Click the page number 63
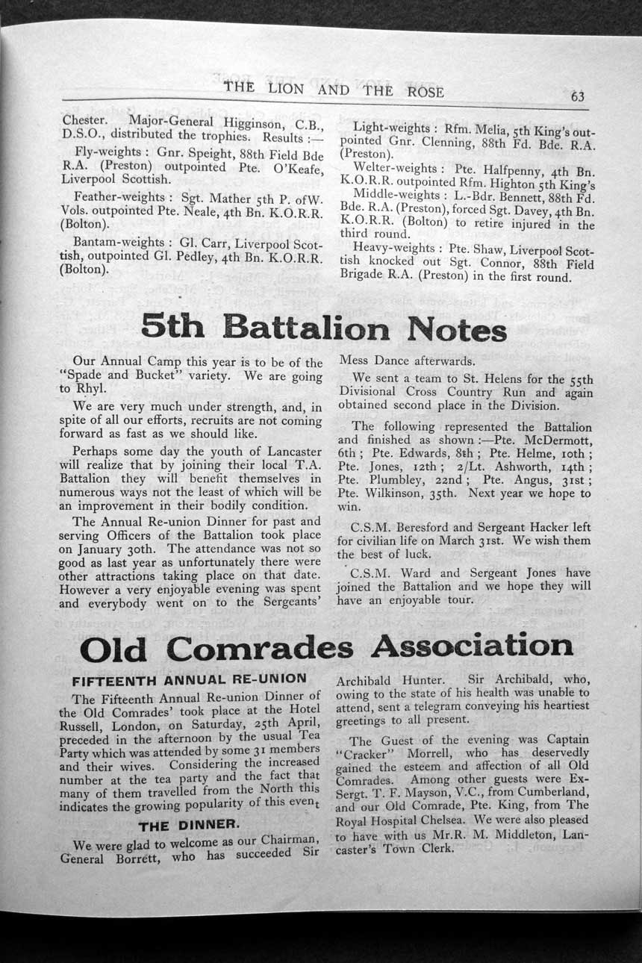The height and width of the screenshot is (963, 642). (577, 96)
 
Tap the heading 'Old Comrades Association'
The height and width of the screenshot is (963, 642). (326, 646)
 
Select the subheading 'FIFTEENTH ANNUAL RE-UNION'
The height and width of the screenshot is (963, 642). (189, 680)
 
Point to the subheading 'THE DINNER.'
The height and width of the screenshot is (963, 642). (189, 825)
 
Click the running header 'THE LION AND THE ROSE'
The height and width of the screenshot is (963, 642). (333, 90)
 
